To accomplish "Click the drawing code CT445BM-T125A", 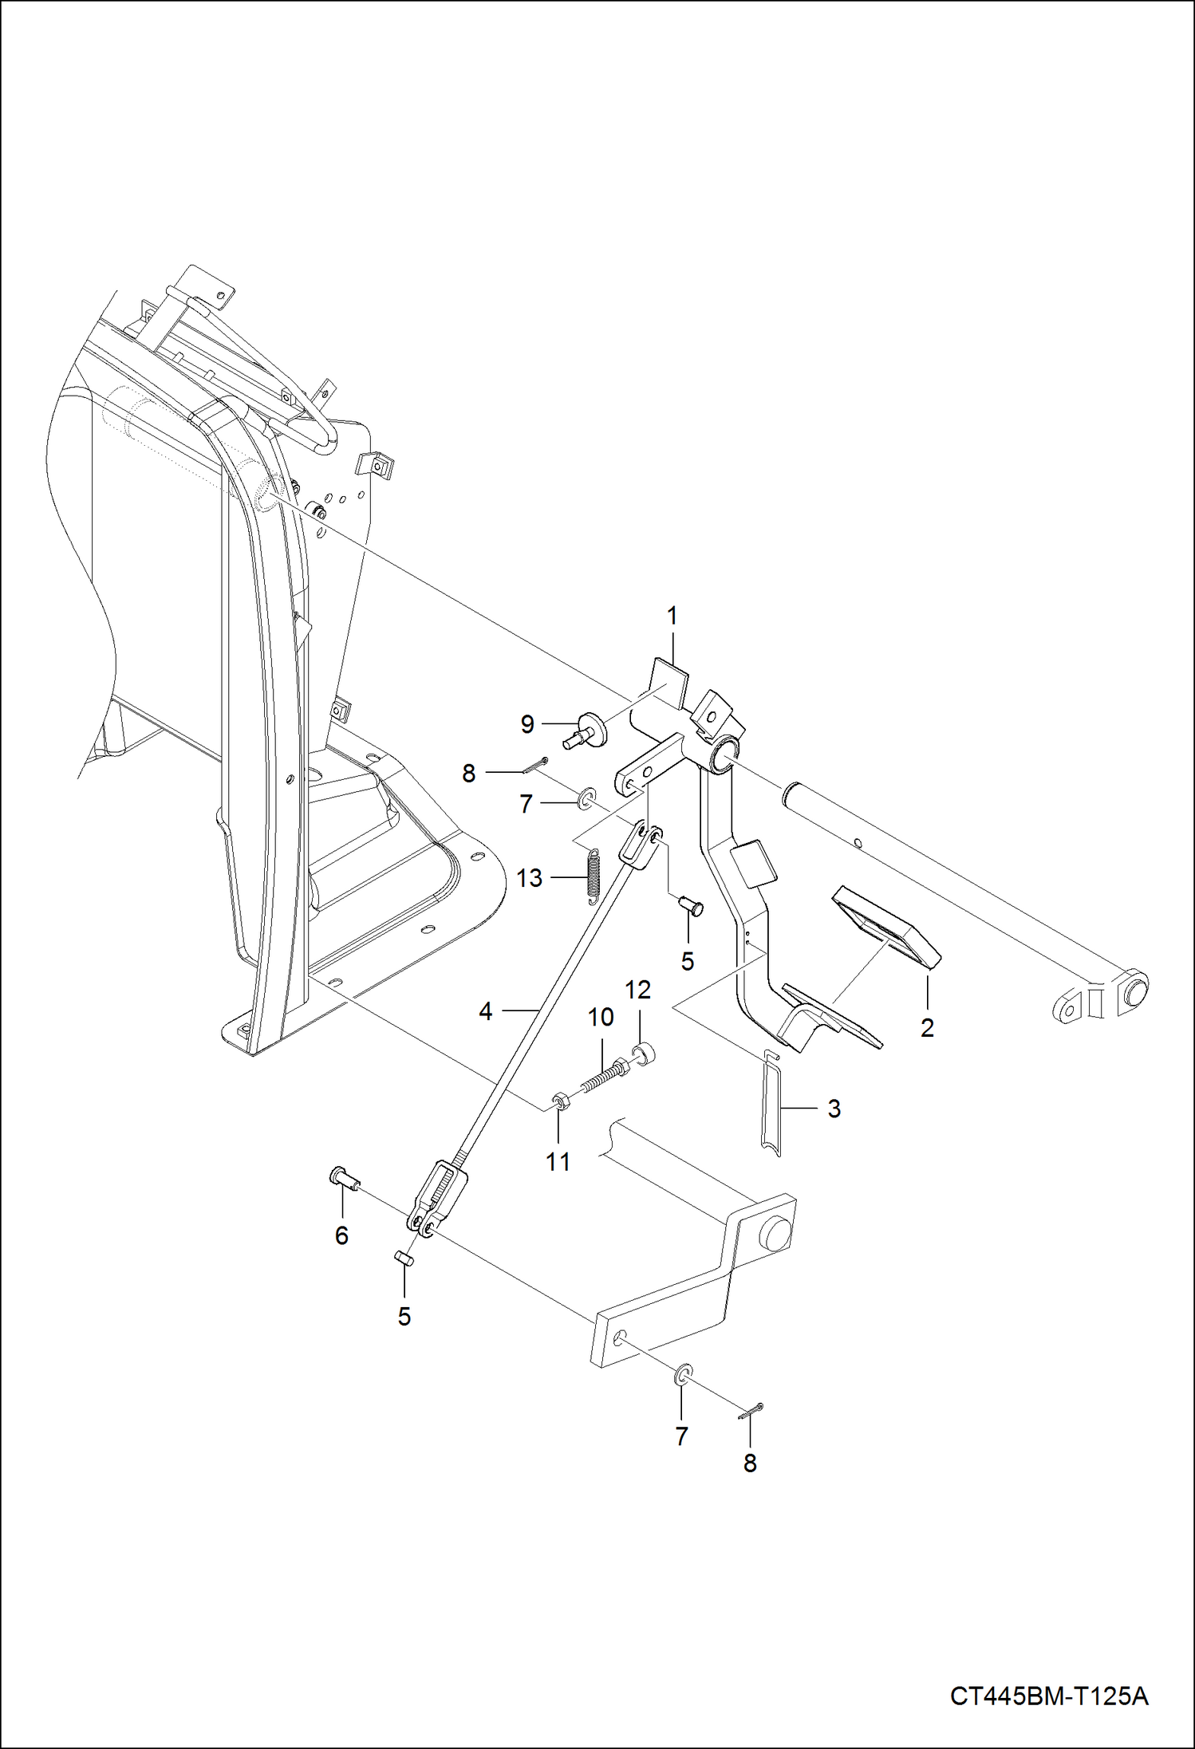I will click(1048, 1696).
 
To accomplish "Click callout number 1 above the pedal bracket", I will click(672, 616).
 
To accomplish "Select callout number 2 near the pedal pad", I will click(926, 1028).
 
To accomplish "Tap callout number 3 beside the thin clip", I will click(834, 1109).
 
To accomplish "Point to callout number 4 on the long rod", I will click(486, 1011).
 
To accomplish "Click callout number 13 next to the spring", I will click(529, 878).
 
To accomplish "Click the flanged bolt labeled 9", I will click(588, 729).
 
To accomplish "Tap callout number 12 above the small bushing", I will click(637, 990).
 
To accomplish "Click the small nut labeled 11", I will click(558, 1104).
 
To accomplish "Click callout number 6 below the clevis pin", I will click(341, 1235).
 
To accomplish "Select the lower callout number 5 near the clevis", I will click(404, 1316).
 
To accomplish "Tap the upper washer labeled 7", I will click(586, 796).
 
